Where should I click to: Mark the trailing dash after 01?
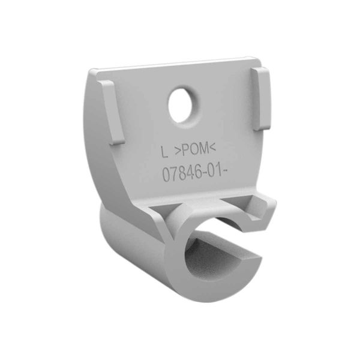pos(230,175)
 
